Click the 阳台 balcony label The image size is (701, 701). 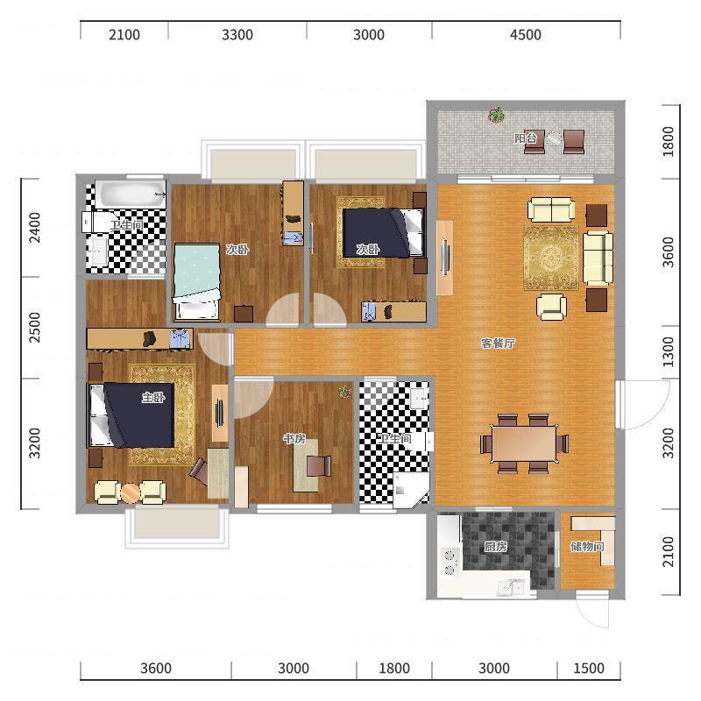[525, 138]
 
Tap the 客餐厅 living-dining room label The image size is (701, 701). [498, 343]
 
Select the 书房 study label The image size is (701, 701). [294, 439]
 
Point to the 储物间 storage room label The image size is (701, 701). [587, 546]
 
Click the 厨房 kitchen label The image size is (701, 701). [496, 546]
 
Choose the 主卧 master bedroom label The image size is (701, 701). [153, 397]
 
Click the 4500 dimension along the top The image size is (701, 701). [526, 34]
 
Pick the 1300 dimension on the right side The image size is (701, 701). [668, 351]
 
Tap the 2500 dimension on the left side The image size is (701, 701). [34, 327]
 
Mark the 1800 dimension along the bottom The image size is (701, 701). [394, 668]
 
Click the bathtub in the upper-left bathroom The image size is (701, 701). [130, 194]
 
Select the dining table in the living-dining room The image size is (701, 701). [524, 443]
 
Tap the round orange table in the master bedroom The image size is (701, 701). [131, 493]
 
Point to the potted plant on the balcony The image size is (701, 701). [496, 116]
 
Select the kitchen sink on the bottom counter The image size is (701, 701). [511, 588]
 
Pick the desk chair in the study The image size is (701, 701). [319, 465]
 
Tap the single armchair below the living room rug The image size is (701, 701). [551, 306]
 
